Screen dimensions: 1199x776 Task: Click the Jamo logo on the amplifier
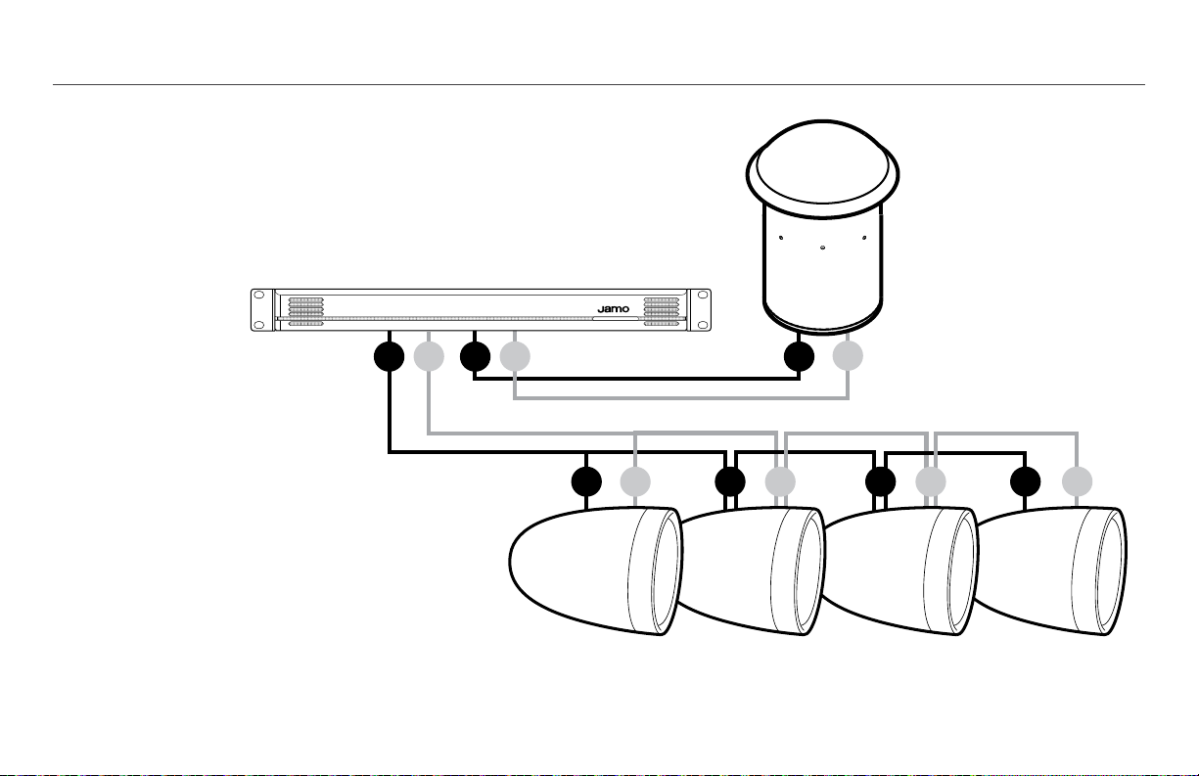(614, 309)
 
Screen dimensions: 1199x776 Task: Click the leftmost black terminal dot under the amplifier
(390, 356)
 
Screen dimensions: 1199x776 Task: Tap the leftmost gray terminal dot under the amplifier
(429, 356)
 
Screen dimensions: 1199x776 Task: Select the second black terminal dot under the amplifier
(475, 356)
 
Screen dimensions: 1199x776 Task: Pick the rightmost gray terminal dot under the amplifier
(515, 356)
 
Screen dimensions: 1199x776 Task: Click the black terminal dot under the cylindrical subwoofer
(799, 356)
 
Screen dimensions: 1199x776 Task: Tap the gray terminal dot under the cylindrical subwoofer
(848, 356)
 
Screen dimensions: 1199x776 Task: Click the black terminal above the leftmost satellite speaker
(586, 481)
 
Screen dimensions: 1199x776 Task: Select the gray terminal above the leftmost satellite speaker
(635, 481)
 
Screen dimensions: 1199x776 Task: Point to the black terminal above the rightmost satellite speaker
(1026, 481)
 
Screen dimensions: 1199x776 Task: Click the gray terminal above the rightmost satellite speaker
(1077, 481)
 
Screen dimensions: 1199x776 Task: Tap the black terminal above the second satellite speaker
(730, 481)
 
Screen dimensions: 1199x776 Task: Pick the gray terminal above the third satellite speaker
(931, 481)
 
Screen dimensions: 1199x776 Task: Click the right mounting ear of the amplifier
(700, 310)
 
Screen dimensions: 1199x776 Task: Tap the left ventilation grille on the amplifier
(305, 311)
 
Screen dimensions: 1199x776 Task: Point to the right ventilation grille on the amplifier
(661, 311)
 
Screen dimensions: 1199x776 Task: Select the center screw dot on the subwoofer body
(823, 248)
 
